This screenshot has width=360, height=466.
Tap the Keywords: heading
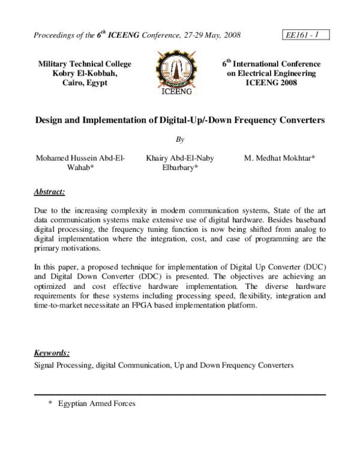coord(52,353)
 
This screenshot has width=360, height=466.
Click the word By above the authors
coord(179,139)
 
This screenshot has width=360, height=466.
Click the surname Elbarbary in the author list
coord(179,168)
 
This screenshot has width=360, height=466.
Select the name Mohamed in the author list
coord(53,158)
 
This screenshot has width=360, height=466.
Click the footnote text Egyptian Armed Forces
coord(97,404)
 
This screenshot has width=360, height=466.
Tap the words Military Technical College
coord(85,64)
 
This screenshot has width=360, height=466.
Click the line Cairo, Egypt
coord(85,83)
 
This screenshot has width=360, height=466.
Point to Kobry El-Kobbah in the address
coord(84,73)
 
